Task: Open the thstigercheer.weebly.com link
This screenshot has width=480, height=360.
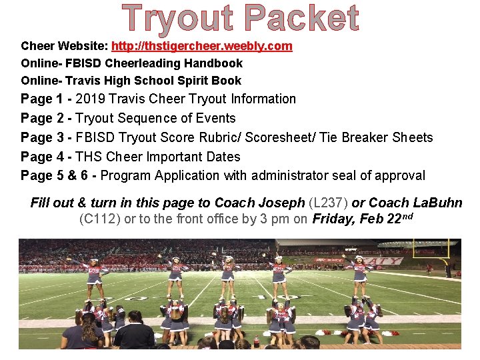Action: coord(201,46)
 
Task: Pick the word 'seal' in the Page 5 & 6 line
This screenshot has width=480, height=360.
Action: coord(347,175)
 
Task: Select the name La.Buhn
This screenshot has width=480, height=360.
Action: coord(438,203)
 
